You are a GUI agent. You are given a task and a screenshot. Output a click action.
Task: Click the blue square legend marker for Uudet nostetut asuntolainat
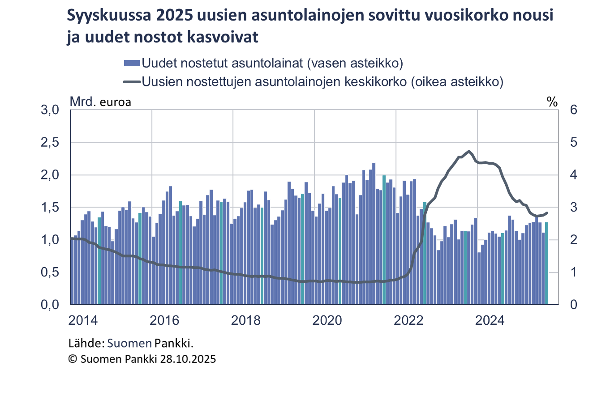132,63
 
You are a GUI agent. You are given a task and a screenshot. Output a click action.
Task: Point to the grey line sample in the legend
132,81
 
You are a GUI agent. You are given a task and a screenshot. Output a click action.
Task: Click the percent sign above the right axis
552,102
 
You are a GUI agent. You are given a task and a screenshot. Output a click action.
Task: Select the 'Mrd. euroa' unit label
100,102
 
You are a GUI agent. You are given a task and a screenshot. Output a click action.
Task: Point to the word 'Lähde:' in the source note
86,344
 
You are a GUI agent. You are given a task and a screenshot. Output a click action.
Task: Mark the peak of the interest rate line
469,151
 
